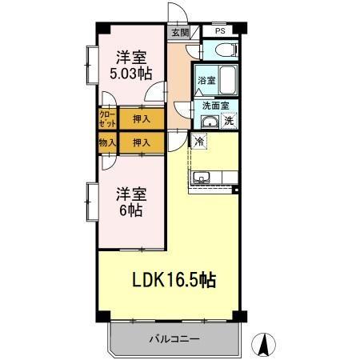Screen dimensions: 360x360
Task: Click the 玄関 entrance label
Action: [x=179, y=33]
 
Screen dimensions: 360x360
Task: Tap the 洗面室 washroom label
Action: [x=214, y=105]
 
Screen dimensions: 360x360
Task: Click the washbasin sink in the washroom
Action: [x=209, y=122]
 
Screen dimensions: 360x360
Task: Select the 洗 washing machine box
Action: [x=229, y=122]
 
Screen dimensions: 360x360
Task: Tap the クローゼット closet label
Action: [x=106, y=119]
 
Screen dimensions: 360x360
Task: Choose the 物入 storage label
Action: [x=106, y=142]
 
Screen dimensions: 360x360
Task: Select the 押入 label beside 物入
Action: [x=141, y=142]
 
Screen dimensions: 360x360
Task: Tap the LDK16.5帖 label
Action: [x=173, y=280]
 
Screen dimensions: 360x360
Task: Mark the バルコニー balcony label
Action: [x=174, y=339]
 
